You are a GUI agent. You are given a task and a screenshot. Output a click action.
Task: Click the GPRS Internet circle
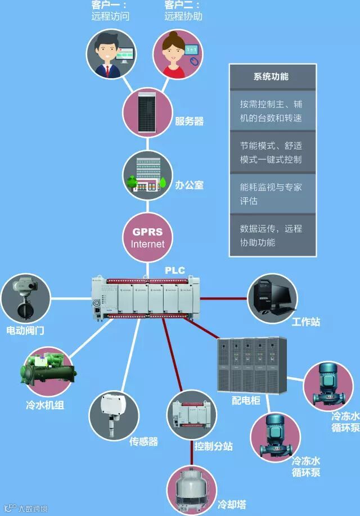pos(148,237)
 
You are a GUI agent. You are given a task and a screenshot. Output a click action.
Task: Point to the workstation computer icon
pos(273,297)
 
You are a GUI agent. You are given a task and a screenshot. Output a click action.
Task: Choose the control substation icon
pos(192,414)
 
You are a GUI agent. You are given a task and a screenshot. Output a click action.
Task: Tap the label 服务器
pos(189,121)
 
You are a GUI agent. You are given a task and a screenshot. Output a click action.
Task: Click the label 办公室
pos(189,184)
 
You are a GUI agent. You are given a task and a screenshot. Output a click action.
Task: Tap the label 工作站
pos(306,322)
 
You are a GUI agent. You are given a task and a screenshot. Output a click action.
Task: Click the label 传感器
pos(143,441)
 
